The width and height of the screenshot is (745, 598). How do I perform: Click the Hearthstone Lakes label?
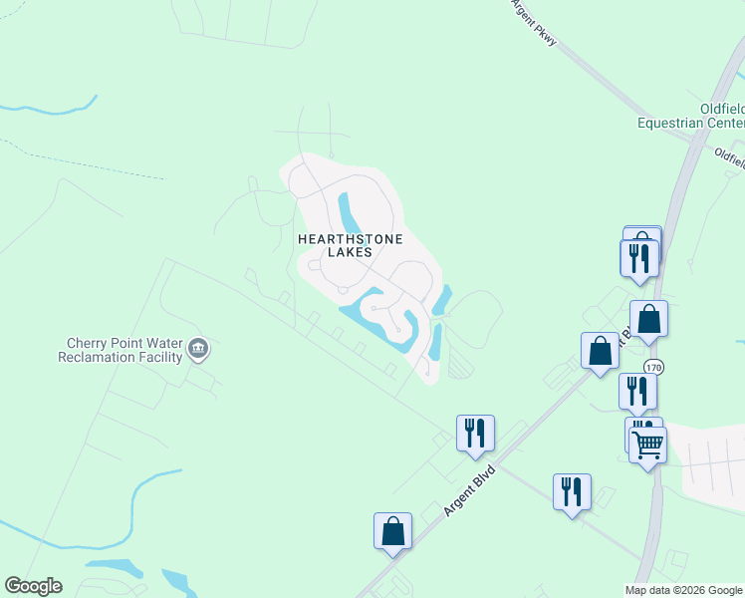tap(335, 245)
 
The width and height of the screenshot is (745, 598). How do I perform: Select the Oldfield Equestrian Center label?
tap(690, 116)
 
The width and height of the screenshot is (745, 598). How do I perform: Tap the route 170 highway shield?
tap(652, 367)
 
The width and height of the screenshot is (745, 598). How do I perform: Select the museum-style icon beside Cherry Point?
tap(198, 347)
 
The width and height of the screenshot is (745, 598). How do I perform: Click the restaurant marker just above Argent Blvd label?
tap(475, 433)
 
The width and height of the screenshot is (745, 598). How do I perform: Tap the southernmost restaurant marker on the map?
tap(572, 491)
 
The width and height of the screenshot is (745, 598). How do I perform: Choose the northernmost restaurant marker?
tap(638, 257)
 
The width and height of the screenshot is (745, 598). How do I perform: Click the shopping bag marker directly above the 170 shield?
tap(648, 319)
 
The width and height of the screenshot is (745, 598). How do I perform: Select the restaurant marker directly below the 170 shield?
tap(636, 391)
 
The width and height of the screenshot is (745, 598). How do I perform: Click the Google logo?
tap(33, 586)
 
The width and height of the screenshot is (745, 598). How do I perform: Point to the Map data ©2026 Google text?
tap(683, 590)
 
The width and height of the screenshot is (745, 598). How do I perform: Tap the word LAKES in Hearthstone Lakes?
tap(335, 252)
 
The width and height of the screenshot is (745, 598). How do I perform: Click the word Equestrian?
tap(676, 123)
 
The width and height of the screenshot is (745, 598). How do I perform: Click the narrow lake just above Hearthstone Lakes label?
tap(349, 210)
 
